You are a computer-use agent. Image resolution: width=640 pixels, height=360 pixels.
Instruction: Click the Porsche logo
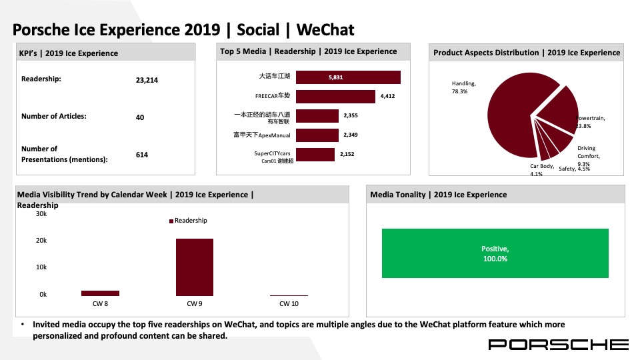pos(559,345)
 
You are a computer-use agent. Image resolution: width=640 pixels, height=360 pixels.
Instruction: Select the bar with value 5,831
pos(348,77)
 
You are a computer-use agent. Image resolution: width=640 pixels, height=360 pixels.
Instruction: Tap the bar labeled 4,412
pos(335,96)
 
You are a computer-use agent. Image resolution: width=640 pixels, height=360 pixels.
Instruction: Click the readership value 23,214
pos(147,80)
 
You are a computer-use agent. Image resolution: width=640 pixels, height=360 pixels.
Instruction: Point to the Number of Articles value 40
pos(140,117)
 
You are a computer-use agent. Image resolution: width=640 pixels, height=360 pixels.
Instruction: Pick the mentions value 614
pos(141,155)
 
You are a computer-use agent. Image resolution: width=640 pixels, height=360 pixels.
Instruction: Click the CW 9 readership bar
pos(194,267)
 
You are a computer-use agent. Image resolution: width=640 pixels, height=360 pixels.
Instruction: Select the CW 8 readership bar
pos(100,293)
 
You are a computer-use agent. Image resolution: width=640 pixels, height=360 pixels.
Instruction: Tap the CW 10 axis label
pos(289,304)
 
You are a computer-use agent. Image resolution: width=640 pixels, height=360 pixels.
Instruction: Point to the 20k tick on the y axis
pos(41,241)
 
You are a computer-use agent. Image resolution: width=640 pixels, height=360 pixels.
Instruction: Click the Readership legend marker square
pos(171,221)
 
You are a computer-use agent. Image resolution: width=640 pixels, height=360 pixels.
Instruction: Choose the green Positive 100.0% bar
pos(495,253)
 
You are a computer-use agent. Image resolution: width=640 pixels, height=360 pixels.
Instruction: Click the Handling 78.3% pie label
pos(464,87)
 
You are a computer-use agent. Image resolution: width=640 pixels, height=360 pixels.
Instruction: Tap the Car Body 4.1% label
pos(541,170)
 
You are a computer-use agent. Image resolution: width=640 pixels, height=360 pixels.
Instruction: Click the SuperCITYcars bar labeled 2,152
pos(315,155)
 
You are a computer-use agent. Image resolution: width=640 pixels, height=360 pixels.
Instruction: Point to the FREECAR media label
pos(273,95)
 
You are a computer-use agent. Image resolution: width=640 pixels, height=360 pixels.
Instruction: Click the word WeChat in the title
pos(325,30)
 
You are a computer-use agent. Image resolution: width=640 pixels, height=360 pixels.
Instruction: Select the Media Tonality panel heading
pos(439,195)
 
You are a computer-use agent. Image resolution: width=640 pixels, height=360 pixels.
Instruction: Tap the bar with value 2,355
pos(317,116)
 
